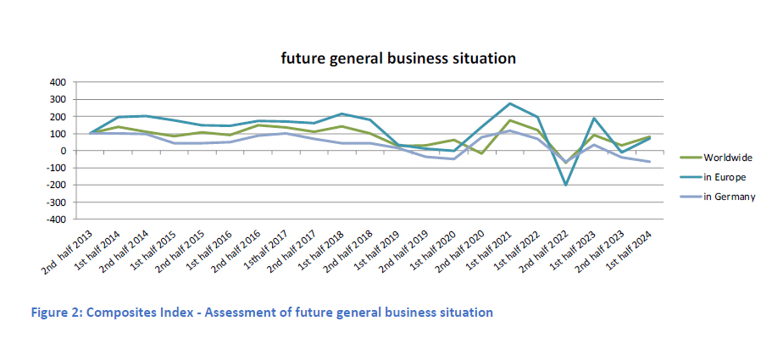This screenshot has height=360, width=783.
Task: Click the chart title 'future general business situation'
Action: pyautogui.click(x=399, y=58)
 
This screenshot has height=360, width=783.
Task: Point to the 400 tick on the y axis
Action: pyautogui.click(x=57, y=82)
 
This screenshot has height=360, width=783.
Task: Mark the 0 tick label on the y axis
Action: pyautogui.click(x=62, y=151)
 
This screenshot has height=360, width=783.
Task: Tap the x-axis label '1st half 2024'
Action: pyautogui.click(x=630, y=252)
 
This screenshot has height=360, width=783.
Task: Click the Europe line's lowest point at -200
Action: pyautogui.click(x=564, y=185)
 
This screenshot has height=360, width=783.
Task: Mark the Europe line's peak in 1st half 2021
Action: pyautogui.click(x=510, y=103)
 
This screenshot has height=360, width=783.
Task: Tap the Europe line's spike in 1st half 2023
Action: pyautogui.click(x=593, y=119)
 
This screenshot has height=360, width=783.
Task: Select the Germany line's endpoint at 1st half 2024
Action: pyautogui.click(x=650, y=162)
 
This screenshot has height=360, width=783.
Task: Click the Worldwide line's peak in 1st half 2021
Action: pyautogui.click(x=510, y=120)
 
